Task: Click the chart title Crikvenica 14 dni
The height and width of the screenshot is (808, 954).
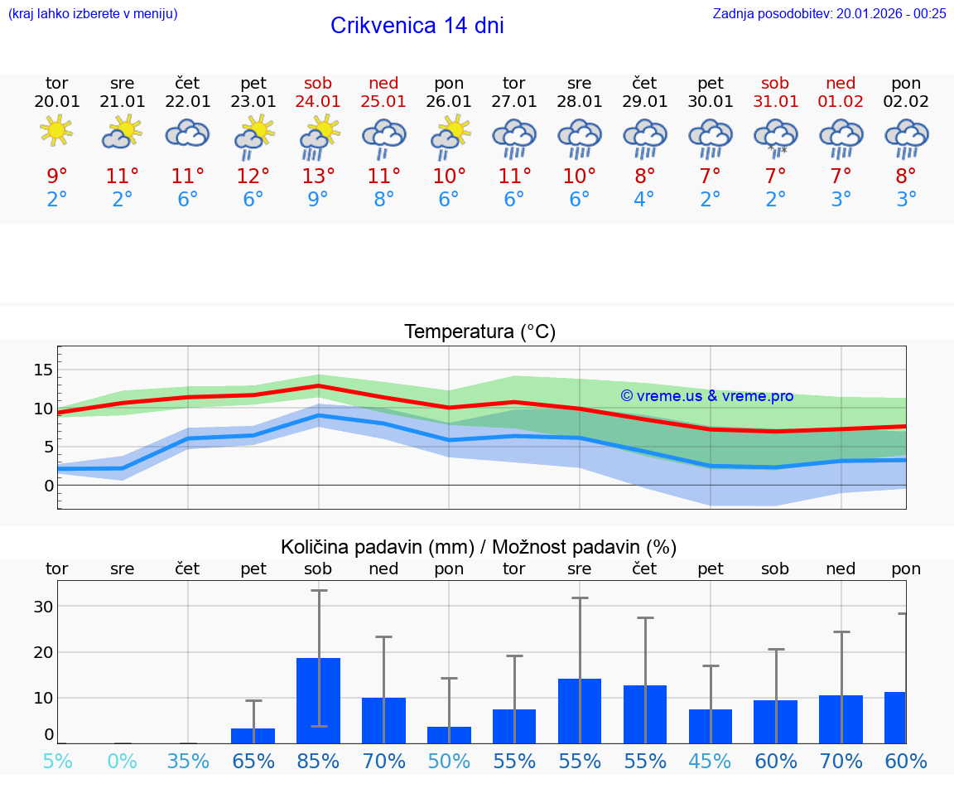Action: coord(417,26)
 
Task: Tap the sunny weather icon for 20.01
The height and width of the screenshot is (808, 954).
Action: coord(56,132)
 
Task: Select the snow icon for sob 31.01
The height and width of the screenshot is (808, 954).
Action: coord(776,137)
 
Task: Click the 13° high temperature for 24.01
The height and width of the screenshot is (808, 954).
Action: coord(319,177)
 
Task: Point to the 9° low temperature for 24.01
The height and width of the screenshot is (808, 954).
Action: coord(319,200)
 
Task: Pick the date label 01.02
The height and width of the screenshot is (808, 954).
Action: coord(841,102)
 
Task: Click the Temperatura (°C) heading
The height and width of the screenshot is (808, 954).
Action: coord(479,332)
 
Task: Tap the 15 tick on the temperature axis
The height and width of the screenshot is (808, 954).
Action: coord(43,370)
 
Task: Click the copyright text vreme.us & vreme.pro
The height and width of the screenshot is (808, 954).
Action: coord(706,396)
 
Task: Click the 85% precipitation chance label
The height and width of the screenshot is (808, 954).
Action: coord(319,761)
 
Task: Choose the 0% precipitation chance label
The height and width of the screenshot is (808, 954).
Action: coord(123,761)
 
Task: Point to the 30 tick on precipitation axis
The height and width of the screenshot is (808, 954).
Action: coord(43,607)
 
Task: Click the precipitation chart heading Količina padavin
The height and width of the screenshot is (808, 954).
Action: coord(479,547)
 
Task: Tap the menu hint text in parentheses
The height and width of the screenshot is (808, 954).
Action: coord(93,13)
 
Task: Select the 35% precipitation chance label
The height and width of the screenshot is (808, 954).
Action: coord(188,761)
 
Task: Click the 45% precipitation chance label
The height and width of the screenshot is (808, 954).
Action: coord(711,761)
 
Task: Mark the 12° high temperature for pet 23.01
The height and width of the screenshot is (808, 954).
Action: coord(253,177)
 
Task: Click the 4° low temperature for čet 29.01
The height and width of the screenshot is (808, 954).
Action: coord(644,200)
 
